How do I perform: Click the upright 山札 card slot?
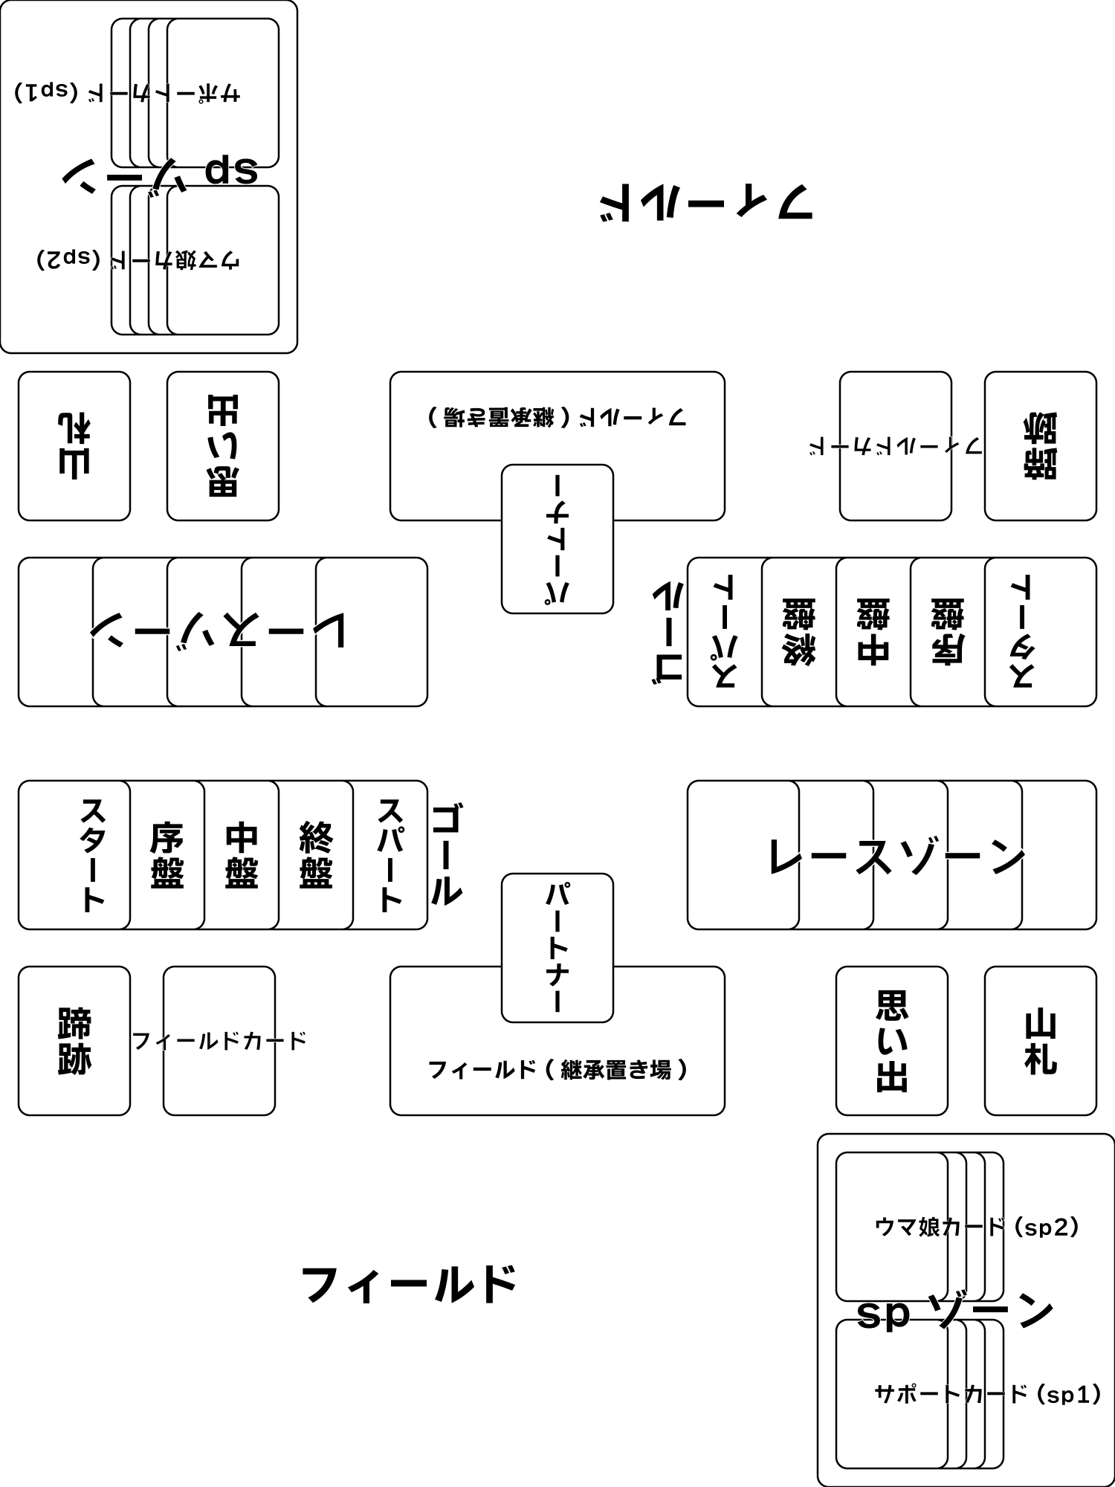(1040, 1041)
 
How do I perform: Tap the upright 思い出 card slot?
(891, 1041)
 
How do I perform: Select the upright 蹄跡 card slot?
(74, 1041)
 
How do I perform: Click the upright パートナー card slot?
(557, 948)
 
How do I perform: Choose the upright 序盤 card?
(167, 855)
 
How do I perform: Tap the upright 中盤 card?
(242, 855)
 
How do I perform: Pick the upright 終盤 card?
(316, 855)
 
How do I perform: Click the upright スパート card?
(390, 855)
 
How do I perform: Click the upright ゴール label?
(446, 855)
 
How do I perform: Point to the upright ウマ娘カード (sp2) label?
(976, 1227)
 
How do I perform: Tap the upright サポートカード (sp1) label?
(986, 1394)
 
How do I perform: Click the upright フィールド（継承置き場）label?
(557, 1070)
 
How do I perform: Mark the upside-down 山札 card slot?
(74, 446)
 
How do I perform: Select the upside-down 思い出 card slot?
(222, 446)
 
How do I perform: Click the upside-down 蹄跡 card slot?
(1040, 446)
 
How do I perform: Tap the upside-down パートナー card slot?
(557, 539)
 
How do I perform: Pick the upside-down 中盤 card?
(873, 632)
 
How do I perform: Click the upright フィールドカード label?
(219, 1040)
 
